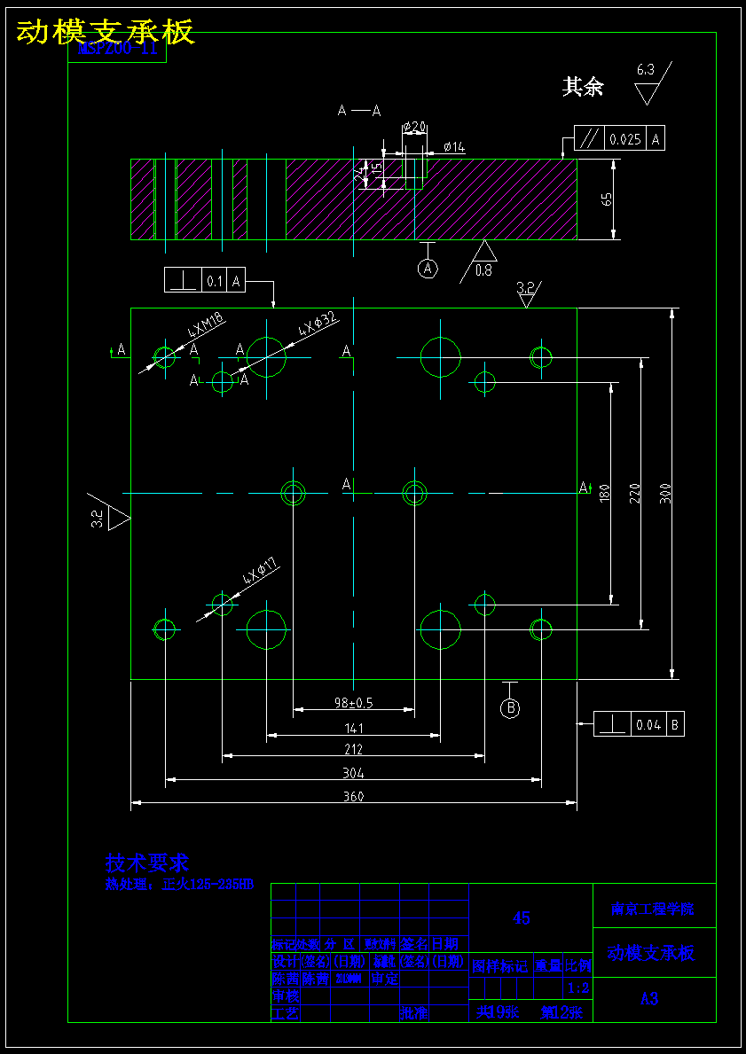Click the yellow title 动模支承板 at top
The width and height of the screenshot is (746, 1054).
coord(105,32)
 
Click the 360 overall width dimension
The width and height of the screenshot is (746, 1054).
coord(353,796)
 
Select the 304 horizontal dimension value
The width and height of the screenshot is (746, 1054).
coord(353,773)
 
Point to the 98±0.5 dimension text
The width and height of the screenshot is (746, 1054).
coord(353,703)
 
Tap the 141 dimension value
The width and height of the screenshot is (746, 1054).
coord(353,729)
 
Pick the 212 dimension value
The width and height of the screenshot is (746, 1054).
coord(353,750)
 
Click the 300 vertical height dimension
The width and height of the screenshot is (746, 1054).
coord(666,493)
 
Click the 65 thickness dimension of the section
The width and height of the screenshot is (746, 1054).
coord(608,199)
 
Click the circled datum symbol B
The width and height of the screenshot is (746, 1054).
coord(509,707)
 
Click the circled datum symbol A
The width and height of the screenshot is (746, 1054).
coord(428,268)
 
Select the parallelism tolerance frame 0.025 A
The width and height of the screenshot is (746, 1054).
coord(619,138)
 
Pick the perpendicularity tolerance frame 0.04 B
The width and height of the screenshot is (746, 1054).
coord(639,724)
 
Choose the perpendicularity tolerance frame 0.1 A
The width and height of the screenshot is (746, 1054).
coord(204,280)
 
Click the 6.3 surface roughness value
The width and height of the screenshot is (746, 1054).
coord(645,69)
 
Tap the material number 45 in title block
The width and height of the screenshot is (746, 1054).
coord(522,918)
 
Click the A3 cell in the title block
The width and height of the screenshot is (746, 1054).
coord(649,999)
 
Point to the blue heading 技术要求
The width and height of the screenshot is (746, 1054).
coord(147,863)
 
